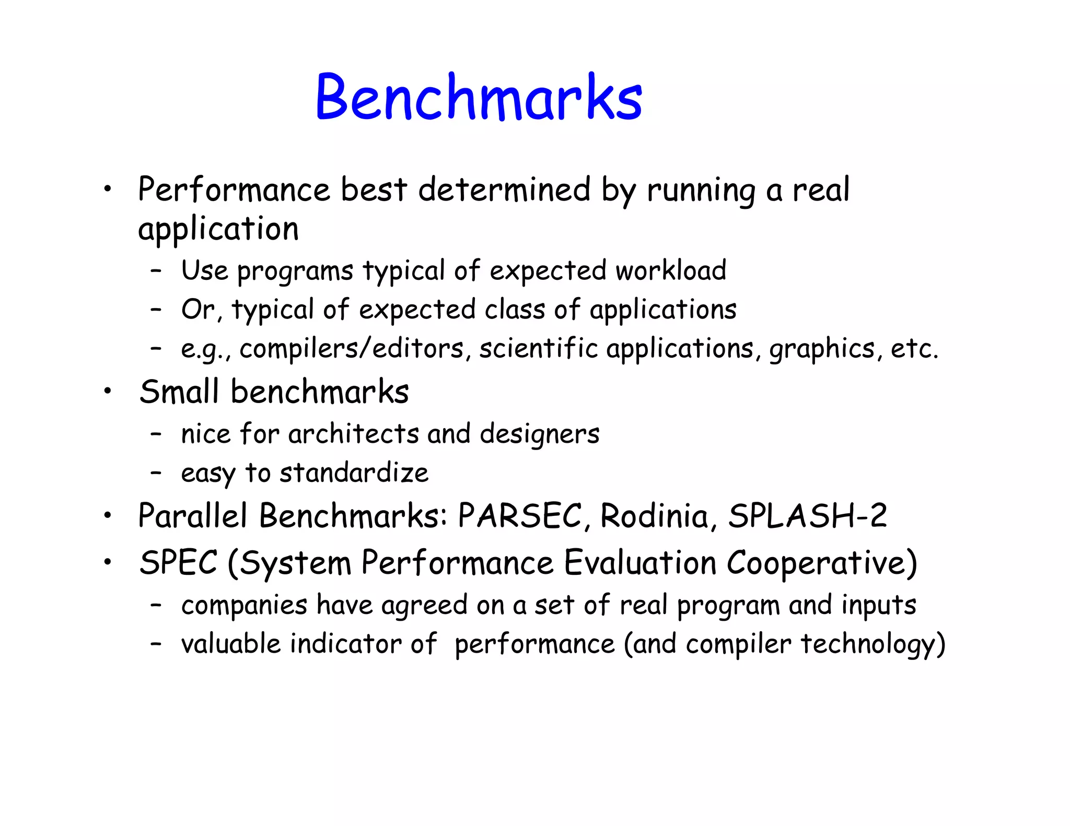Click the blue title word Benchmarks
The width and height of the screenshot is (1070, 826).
[479, 97]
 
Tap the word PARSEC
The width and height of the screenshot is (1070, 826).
[519, 516]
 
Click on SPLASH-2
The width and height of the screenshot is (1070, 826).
[807, 516]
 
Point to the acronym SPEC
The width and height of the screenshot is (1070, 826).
[178, 563]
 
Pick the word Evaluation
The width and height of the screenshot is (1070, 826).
[639, 563]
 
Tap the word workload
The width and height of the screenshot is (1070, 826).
[671, 270]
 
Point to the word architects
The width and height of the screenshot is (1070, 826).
[353, 434]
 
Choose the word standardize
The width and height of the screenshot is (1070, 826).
[354, 473]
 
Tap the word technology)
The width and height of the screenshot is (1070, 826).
[873, 644]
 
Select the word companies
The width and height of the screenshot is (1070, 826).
[244, 606]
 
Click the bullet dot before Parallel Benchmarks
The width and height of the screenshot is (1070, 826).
[108, 515]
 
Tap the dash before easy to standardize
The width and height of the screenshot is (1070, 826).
[155, 473]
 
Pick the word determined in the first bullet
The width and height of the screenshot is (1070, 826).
[504, 189]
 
